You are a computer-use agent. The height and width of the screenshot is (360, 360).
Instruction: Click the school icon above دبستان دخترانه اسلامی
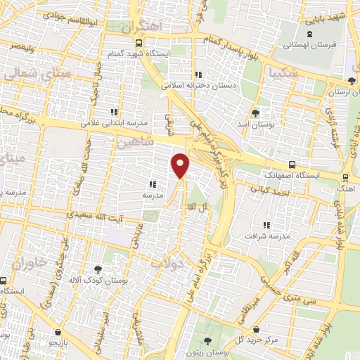coord(199,74)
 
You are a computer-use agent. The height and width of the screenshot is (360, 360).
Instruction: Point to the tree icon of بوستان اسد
coord(255,112)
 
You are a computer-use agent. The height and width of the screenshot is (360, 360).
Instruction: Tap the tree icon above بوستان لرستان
coord(352,81)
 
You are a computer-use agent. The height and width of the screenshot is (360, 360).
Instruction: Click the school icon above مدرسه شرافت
coord(266,225)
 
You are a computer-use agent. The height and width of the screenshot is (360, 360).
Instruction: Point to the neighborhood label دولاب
coord(167,262)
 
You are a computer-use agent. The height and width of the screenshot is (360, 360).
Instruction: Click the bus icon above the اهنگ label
coord(345,178)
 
